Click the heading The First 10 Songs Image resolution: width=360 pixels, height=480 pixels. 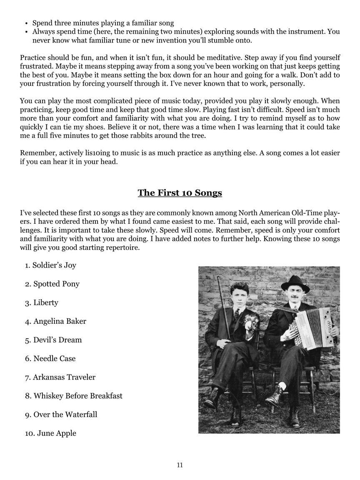tap(180, 193)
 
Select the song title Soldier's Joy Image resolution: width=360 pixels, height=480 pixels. tap(54, 265)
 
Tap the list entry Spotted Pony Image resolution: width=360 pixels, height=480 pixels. tap(56, 284)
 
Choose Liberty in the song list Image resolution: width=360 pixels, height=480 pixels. tap(46, 303)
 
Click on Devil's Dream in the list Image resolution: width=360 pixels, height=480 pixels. tap(57, 340)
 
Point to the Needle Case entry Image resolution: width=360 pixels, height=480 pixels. tap(54, 359)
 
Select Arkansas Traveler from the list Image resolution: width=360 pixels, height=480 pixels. tap(64, 377)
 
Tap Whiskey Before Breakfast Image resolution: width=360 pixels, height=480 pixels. tap(78, 396)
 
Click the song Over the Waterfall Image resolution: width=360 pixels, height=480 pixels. tap(65, 415)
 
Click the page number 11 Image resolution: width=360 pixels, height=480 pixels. tap(180, 465)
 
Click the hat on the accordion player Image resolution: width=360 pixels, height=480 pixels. tap(295, 284)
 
